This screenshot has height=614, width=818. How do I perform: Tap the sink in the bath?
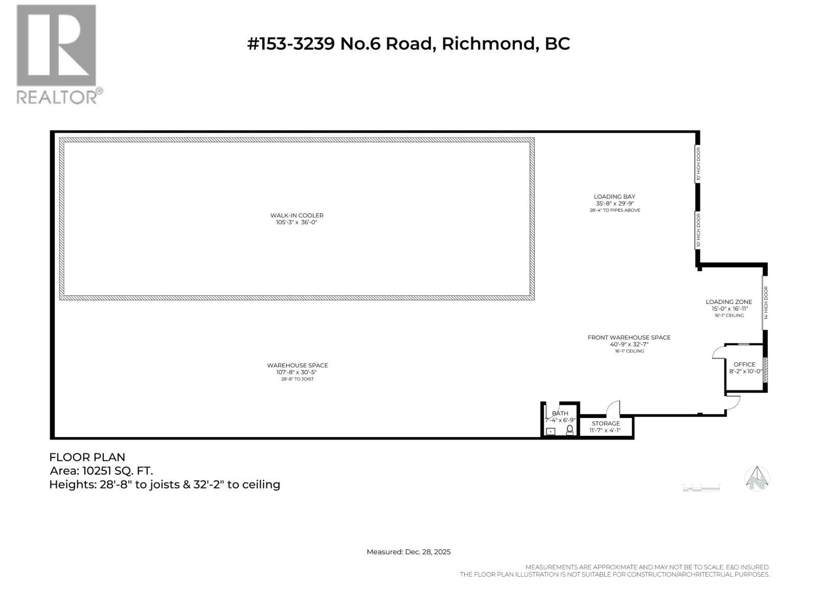(551, 432)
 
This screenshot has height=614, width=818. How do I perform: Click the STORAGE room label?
(606, 424)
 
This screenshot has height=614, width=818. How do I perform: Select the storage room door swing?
(613, 408)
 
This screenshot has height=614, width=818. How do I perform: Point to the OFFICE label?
(744, 364)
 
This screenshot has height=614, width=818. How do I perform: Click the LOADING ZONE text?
(729, 302)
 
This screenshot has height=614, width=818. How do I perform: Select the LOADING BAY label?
(615, 196)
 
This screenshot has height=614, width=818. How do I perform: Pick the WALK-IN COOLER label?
(297, 215)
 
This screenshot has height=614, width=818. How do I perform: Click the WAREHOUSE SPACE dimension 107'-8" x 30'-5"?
(297, 372)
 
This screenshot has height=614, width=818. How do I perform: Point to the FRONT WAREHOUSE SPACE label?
(629, 337)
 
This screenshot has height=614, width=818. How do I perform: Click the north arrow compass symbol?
(757, 479)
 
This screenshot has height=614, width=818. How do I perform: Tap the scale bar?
(701, 488)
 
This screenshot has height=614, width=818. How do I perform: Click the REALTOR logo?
(57, 54)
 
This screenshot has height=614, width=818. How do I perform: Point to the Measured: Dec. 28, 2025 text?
(408, 552)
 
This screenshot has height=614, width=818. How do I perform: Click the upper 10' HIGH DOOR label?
(698, 164)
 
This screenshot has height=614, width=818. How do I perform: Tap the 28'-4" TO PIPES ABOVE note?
(615, 210)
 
